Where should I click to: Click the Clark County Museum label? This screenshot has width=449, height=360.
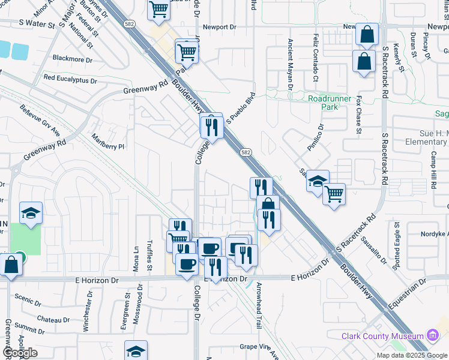click(x=382, y=337)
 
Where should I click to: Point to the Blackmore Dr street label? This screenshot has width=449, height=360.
click(x=73, y=60)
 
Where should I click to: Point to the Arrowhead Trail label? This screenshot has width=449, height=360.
click(x=259, y=305)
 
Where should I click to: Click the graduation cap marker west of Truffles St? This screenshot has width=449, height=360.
click(x=31, y=212)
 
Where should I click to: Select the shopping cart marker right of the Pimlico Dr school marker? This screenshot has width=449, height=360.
click(x=334, y=193)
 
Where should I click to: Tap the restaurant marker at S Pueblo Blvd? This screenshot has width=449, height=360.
click(x=211, y=126)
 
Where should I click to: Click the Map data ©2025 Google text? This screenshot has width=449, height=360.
click(x=412, y=355)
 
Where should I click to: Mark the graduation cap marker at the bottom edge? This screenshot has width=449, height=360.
click(x=136, y=351)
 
